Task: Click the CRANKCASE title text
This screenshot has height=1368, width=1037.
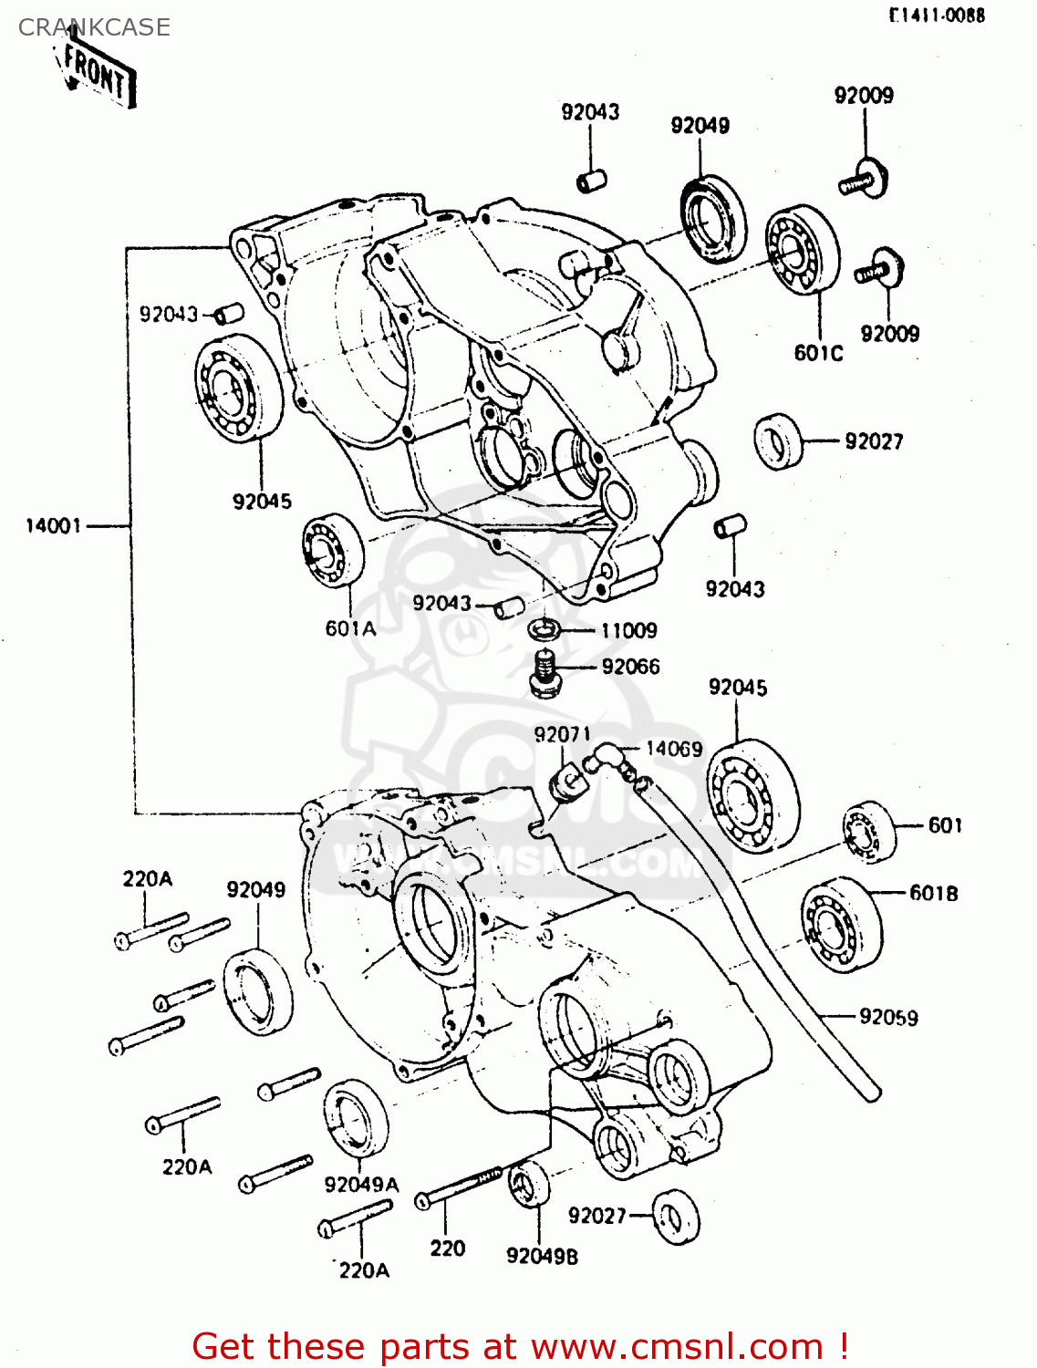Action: pos(94,27)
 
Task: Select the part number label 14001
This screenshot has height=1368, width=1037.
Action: pos(53,526)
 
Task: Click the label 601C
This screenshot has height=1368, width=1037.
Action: pos(818,353)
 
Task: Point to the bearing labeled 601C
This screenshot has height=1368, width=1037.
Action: pos(803,249)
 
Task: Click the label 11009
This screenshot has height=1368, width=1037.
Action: pos(628,630)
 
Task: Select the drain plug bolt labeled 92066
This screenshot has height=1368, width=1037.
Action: pos(544,675)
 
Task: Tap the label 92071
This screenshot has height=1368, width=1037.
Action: pos(562,734)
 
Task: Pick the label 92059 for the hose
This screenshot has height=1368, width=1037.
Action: pos(888,1017)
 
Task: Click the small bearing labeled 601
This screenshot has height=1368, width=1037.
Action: pos(867,832)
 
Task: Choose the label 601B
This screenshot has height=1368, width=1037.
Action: pos(933,893)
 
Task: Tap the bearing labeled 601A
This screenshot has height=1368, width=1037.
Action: pos(333,549)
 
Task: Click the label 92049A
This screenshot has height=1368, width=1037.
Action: pos(361,1184)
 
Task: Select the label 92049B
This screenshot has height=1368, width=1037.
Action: pos(542,1256)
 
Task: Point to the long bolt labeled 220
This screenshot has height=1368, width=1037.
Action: pos(459,1187)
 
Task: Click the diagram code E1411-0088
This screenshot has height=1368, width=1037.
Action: pos(938,16)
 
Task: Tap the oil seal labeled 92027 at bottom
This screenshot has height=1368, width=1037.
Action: pos(677,1217)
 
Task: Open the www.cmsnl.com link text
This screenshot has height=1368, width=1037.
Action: pos(677,1346)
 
